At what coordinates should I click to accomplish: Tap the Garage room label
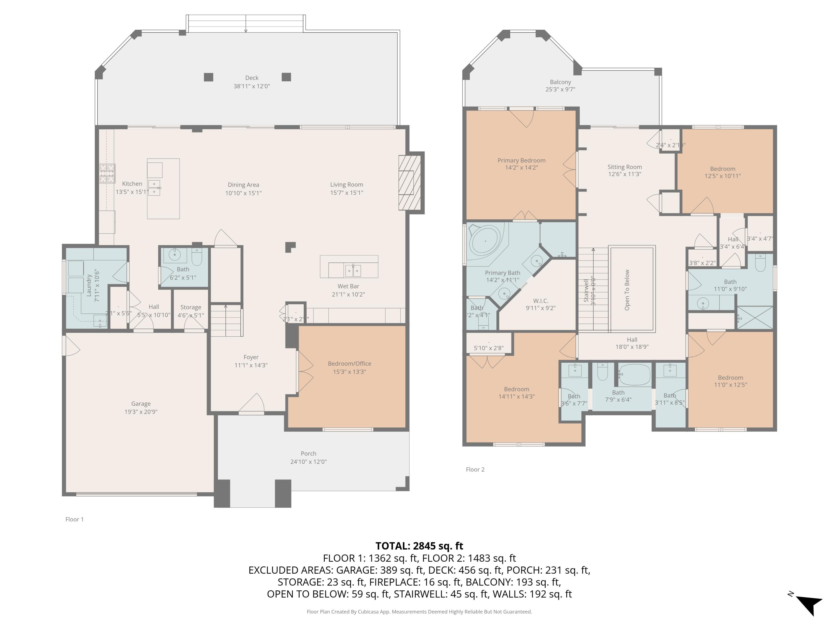(x=141, y=403)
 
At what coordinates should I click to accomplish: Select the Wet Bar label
(x=348, y=286)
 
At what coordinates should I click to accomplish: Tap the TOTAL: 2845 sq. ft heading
(x=419, y=546)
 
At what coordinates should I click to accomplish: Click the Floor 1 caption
(x=74, y=519)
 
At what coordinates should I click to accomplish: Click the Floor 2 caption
(x=475, y=469)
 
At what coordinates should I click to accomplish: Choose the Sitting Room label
(x=624, y=167)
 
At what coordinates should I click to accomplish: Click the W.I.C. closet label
(x=541, y=301)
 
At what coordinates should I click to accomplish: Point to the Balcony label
(x=560, y=82)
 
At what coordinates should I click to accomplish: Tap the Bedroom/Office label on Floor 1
(x=349, y=363)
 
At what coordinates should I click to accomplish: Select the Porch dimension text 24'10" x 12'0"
(x=308, y=462)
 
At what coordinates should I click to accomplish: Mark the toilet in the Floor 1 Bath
(x=197, y=258)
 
